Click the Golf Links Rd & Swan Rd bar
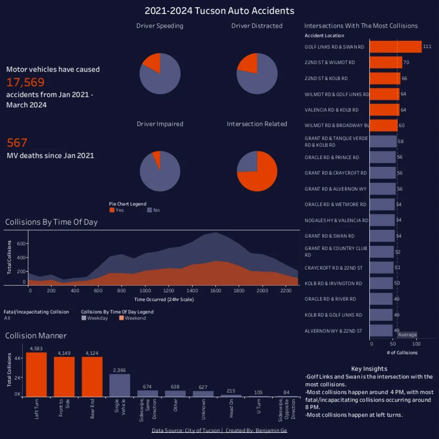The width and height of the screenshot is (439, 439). click(x=395, y=47)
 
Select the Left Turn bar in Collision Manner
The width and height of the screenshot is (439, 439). click(x=36, y=374)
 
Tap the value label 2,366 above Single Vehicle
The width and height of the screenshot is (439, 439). click(x=119, y=370)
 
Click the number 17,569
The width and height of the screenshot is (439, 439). click(x=25, y=82)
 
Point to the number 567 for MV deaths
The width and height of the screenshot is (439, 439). click(x=17, y=143)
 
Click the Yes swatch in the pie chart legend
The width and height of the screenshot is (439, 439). click(x=112, y=210)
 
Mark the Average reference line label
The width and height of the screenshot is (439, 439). click(x=407, y=335)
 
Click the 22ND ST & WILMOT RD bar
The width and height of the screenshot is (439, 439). click(x=386, y=62)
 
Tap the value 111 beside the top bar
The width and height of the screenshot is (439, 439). click(x=427, y=47)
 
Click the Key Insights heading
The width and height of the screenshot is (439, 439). click(x=369, y=369)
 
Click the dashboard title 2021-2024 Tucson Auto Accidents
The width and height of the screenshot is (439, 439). click(x=219, y=11)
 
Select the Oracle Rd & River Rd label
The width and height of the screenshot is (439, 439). click(x=330, y=299)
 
